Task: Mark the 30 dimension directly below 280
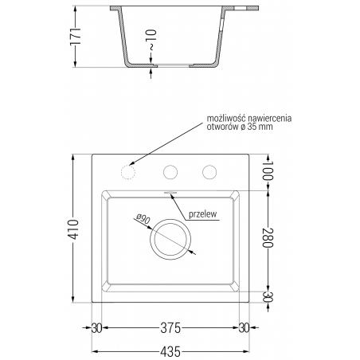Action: pos(268,297)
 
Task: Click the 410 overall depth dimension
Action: pos(75,230)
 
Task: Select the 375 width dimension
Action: pos(169,327)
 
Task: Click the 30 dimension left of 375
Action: pos(96,327)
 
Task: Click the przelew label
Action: pos(202,213)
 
